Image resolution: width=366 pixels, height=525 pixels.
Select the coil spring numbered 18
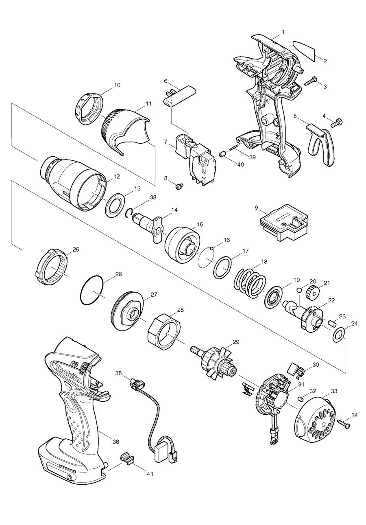click(x=250, y=283)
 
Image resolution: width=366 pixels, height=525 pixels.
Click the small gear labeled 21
click(x=314, y=292)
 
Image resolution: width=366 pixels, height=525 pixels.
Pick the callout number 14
click(x=174, y=210)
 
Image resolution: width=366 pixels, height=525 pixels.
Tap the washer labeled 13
click(x=116, y=203)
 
